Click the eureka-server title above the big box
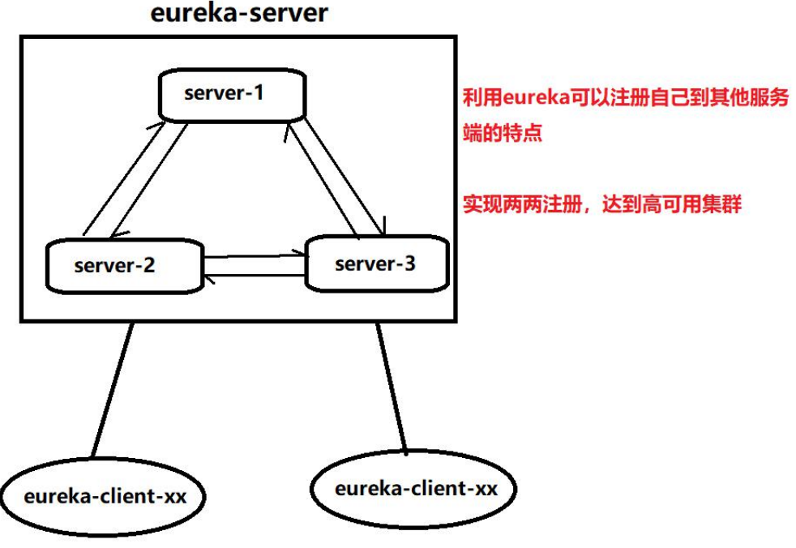click(239, 14)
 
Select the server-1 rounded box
click(232, 94)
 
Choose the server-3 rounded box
click(375, 263)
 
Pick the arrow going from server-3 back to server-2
click(255, 276)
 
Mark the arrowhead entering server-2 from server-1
click(116, 235)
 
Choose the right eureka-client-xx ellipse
click(415, 489)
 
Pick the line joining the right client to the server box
click(392, 386)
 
